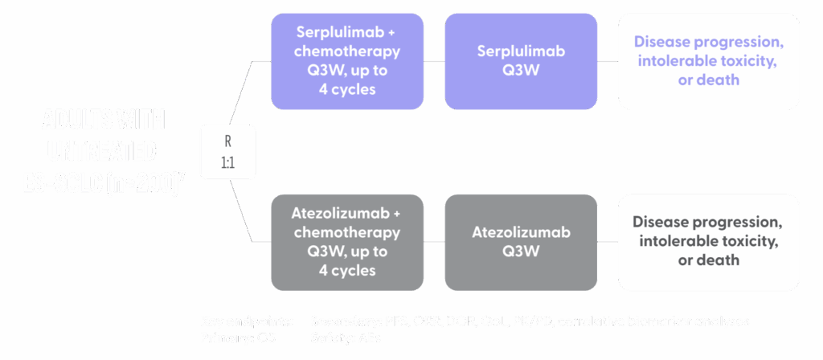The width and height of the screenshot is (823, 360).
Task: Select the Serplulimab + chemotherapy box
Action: click(347, 61)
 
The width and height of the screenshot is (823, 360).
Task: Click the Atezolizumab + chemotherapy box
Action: click(347, 242)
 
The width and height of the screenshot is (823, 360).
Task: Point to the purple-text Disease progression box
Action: click(708, 61)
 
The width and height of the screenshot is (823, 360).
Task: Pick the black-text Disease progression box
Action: click(708, 241)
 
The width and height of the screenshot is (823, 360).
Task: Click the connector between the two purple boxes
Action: click(434, 61)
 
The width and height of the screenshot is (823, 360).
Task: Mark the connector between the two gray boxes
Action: click(434, 241)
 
